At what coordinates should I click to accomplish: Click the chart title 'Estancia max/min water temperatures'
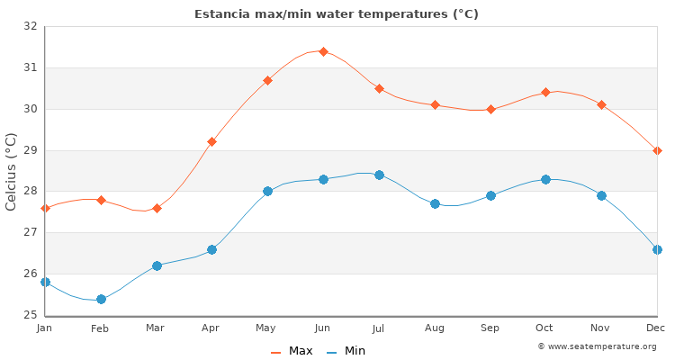click(337, 14)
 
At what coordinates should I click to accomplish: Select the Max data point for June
click(323, 51)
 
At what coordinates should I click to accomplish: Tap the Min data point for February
click(101, 299)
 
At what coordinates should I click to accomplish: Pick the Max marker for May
click(267, 80)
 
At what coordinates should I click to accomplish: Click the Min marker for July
click(379, 175)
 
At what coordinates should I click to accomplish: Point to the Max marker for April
click(211, 141)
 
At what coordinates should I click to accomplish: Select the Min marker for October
click(545, 179)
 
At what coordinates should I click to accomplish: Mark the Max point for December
click(657, 150)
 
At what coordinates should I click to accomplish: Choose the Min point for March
click(157, 265)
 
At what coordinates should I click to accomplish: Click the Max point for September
click(490, 109)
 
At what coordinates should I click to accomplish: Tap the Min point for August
click(435, 203)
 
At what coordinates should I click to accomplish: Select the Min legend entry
click(346, 351)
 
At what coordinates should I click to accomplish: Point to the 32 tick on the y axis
click(31, 26)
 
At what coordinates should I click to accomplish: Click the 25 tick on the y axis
click(31, 315)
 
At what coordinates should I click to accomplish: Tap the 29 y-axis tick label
click(31, 150)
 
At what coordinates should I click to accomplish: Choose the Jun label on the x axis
click(323, 328)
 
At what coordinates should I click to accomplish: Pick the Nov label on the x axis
click(601, 328)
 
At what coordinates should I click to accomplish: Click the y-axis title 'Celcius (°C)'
click(12, 171)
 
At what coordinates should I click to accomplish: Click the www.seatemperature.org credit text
click(597, 346)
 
